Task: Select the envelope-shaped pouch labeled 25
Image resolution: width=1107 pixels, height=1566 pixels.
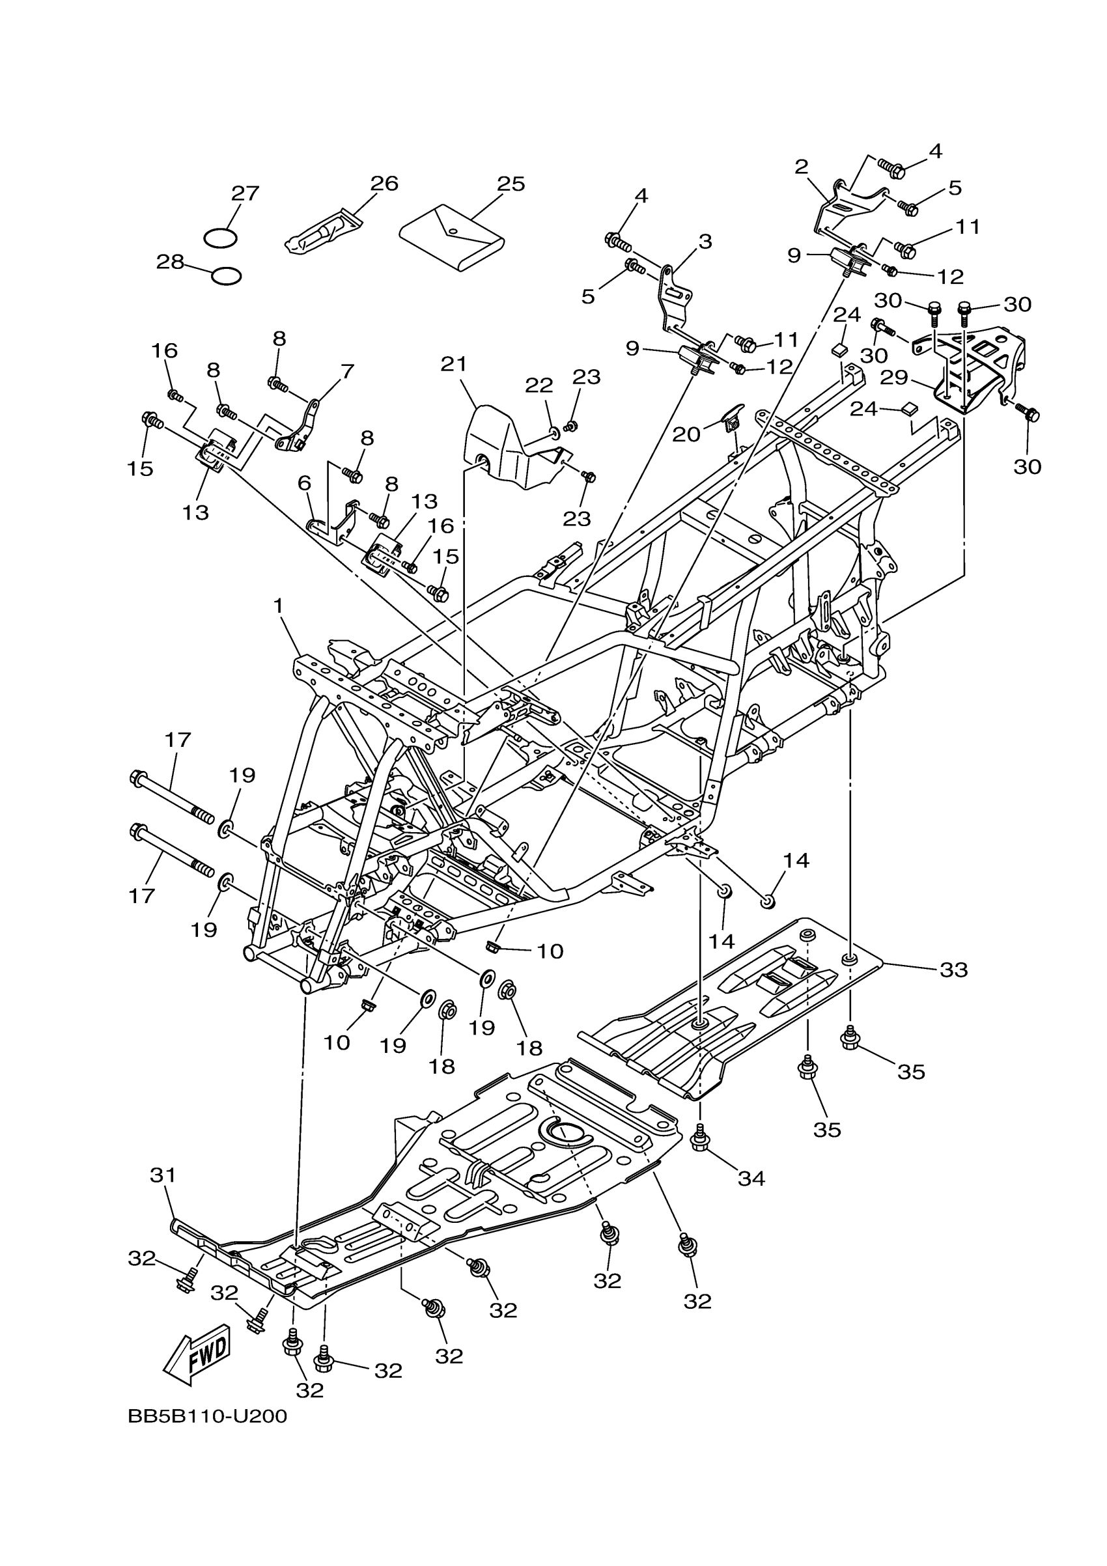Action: (451, 236)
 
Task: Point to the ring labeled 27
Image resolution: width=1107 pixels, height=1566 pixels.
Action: (220, 238)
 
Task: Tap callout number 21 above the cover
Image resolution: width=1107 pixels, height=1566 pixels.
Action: (453, 364)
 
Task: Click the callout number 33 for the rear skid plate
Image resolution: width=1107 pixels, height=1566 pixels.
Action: (953, 969)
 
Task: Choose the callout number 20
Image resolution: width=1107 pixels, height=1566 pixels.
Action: (686, 434)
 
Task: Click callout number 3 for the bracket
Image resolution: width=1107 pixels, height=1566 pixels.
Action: (705, 241)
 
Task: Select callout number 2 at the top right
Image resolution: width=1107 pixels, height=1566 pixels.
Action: (802, 166)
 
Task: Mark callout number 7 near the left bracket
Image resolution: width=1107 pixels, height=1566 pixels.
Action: (347, 372)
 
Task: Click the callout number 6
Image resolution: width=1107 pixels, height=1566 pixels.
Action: (304, 483)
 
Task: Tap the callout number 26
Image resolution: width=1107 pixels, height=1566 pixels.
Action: (384, 184)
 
